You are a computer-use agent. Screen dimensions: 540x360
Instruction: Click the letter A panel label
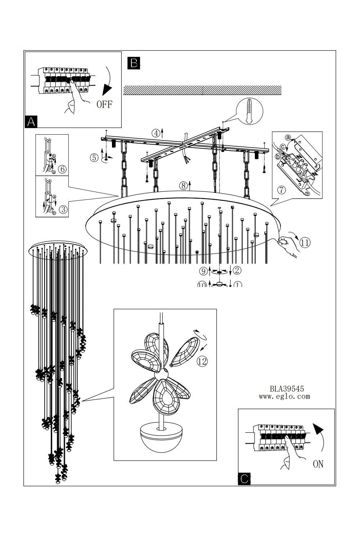pyautogui.click(x=31, y=122)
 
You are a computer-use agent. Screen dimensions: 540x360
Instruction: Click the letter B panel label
pyautogui.click(x=134, y=63)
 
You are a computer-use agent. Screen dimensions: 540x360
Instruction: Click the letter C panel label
pyautogui.click(x=244, y=479)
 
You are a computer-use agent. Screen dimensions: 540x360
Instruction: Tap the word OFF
pyautogui.click(x=104, y=104)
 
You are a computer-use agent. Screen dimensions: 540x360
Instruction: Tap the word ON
pyautogui.click(x=318, y=464)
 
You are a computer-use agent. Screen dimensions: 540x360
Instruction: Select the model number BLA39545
pyautogui.click(x=287, y=389)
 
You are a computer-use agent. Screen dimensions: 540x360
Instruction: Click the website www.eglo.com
pyautogui.click(x=284, y=397)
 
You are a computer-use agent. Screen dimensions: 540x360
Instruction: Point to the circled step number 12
pyautogui.click(x=202, y=361)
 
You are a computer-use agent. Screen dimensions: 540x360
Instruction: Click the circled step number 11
pyautogui.click(x=305, y=242)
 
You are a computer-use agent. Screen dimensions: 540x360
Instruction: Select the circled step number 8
pyautogui.click(x=183, y=186)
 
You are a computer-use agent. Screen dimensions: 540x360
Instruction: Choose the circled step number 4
pyautogui.click(x=156, y=133)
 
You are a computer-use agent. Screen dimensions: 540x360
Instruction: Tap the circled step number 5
pyautogui.click(x=94, y=157)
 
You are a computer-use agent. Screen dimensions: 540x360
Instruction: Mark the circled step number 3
pyautogui.click(x=63, y=210)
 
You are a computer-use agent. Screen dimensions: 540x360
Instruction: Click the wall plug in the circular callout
pyautogui.click(x=248, y=112)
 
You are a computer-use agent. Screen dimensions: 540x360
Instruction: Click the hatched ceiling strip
pyautogui.click(x=202, y=90)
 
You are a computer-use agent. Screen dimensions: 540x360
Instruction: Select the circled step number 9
pyautogui.click(x=203, y=271)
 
